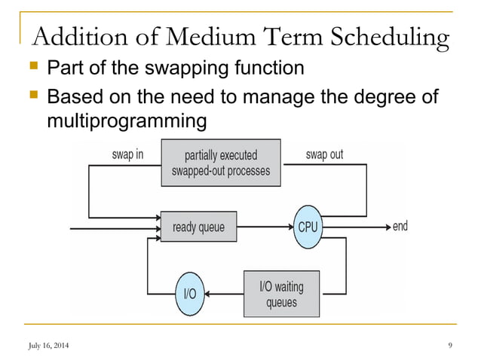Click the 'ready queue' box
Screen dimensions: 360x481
[x=199, y=227]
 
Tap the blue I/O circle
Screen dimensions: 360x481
[x=190, y=294]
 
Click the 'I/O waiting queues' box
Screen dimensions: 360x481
[x=282, y=294]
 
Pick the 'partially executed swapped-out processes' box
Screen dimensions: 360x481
[x=221, y=163]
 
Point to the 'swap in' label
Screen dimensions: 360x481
[x=126, y=154]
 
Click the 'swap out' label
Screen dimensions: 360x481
[x=324, y=154]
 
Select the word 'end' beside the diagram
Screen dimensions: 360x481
[x=400, y=227]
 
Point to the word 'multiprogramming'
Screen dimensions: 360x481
[x=126, y=121]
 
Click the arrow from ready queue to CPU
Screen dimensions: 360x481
[x=264, y=227]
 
